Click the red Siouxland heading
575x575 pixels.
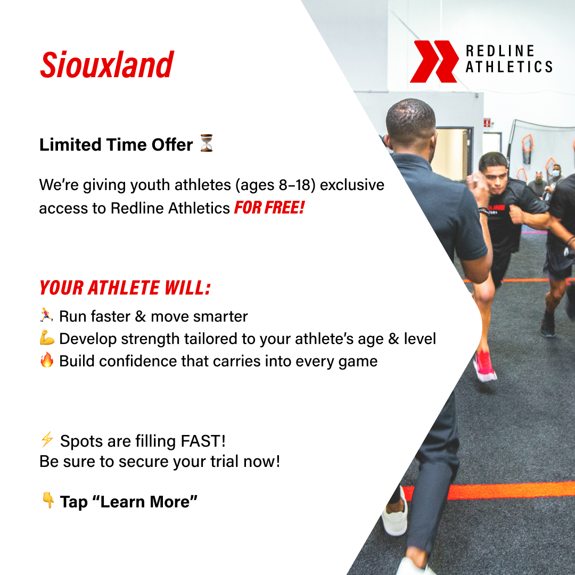(106, 65)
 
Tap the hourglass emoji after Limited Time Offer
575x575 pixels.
(207, 143)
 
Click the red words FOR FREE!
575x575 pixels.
(269, 208)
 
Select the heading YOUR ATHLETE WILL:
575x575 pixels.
(125, 288)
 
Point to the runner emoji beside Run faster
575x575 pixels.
(47, 316)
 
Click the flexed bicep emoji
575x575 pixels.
(47, 338)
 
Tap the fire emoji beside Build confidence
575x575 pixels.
(47, 360)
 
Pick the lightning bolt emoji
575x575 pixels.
(47, 440)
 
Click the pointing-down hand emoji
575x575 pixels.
(47, 500)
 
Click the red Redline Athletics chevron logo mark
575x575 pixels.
(433, 61)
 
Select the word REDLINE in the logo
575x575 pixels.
(500, 51)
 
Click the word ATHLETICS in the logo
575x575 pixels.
(508, 67)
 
